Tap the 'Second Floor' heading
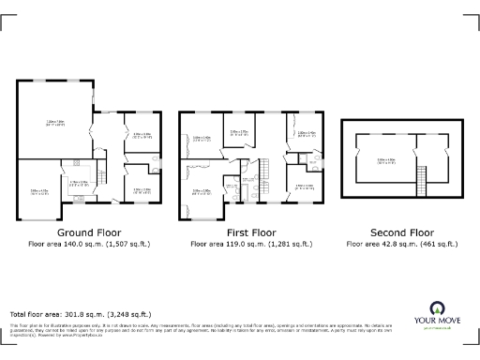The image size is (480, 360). pyautogui.click(x=401, y=232)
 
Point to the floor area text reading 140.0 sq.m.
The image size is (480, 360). pyautogui.click(x=90, y=243)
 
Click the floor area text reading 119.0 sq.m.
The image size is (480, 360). pyautogui.click(x=250, y=243)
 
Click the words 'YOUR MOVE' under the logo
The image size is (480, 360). pyautogui.click(x=438, y=322)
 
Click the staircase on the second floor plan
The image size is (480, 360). pyautogui.click(x=421, y=174)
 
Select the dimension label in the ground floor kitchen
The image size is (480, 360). pyautogui.click(x=79, y=184)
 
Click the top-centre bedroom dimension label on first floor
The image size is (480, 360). pyautogui.click(x=239, y=132)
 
